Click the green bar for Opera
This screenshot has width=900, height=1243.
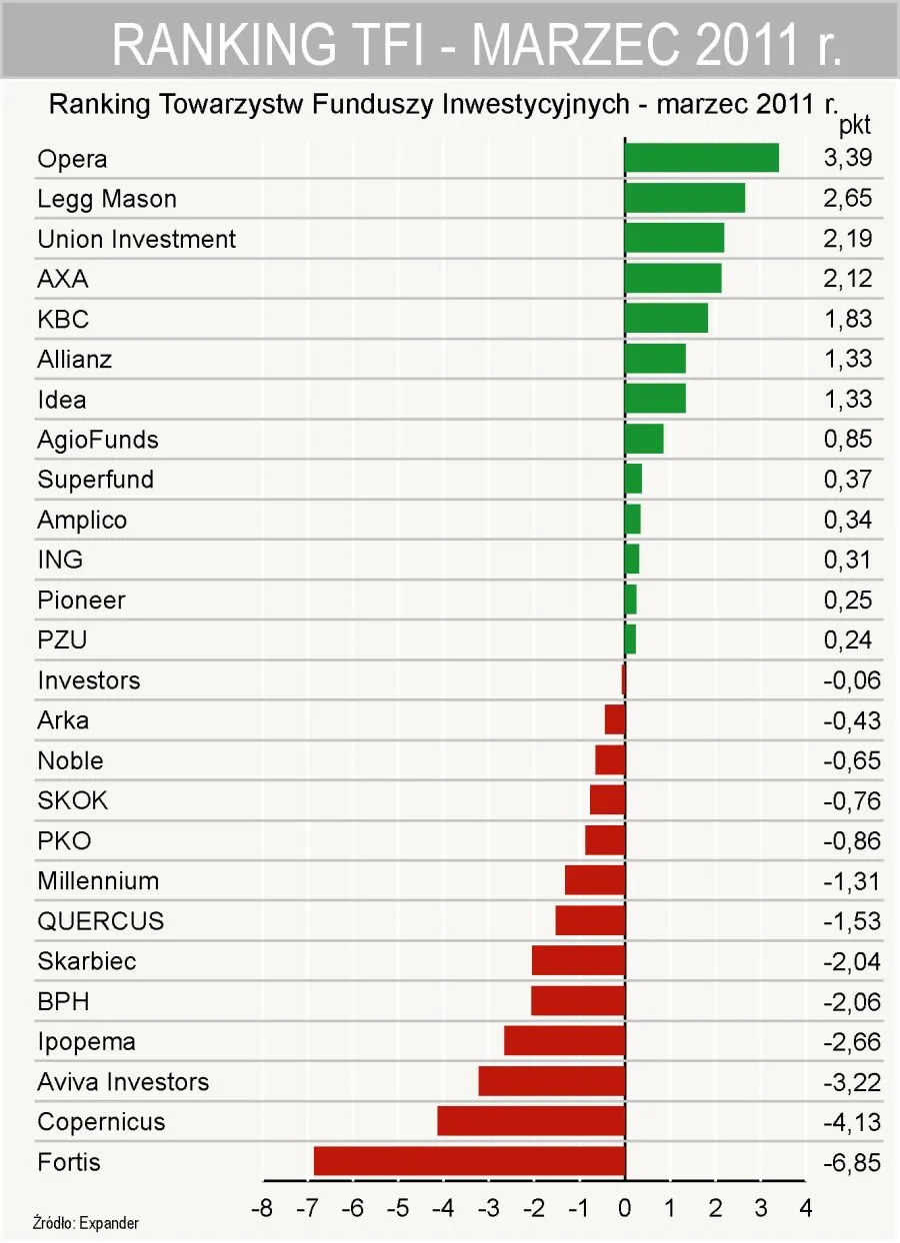(701, 158)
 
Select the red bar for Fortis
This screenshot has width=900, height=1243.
(469, 1161)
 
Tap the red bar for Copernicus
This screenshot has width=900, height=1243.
(531, 1121)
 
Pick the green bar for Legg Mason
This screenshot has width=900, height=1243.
(684, 198)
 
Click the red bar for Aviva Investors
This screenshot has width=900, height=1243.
(552, 1081)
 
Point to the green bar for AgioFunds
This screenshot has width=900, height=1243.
(644, 439)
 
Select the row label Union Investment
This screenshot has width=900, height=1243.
(137, 239)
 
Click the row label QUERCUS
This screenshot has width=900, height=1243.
(101, 920)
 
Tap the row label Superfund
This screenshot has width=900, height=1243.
(96, 480)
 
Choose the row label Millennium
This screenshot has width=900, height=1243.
(98, 880)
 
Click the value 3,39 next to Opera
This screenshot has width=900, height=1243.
(848, 158)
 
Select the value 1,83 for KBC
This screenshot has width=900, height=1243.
(848, 319)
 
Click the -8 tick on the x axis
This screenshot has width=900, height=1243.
(262, 1208)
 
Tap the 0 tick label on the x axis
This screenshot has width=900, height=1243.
(625, 1208)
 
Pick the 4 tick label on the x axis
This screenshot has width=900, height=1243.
(805, 1208)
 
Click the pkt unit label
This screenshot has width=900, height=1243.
(854, 127)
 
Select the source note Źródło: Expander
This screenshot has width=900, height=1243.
(86, 1223)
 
